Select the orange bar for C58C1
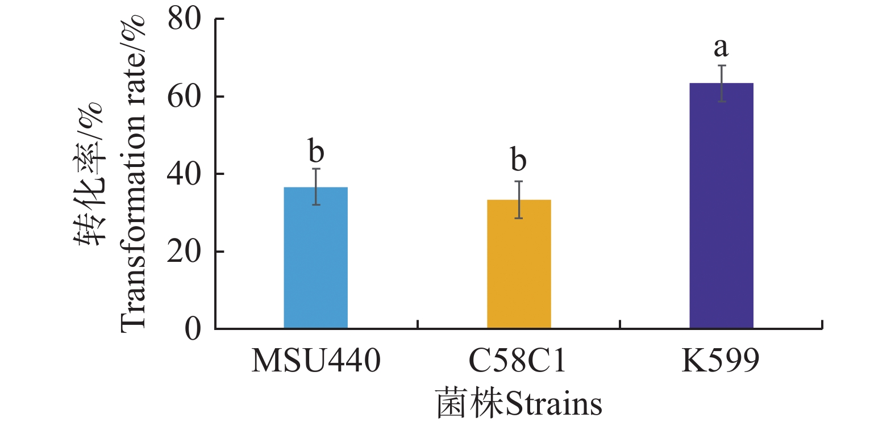point(519,264)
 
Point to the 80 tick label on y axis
point(184,19)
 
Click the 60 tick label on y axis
point(184,97)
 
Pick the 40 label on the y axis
point(184,174)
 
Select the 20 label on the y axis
point(184,252)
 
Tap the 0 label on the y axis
point(193,329)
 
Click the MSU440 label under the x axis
point(316,360)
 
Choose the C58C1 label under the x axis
point(518,360)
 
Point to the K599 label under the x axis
point(721,360)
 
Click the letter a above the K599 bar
point(721,47)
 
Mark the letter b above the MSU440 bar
point(316,151)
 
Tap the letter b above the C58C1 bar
point(518,160)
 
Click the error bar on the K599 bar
point(722,83)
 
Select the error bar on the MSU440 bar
point(316,186)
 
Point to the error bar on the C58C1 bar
point(519,199)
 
